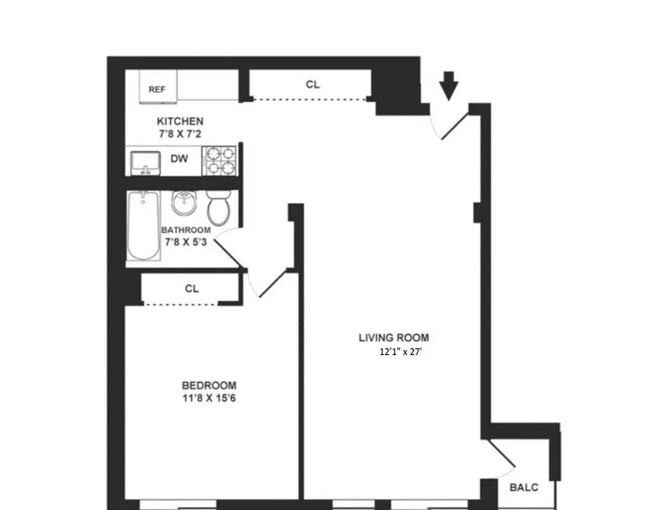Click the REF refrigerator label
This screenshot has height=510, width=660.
157,90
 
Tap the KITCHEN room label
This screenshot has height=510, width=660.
180,121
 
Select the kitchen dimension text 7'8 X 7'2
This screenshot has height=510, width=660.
180,134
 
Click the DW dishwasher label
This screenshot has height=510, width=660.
179,159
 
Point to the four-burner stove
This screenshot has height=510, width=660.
219,161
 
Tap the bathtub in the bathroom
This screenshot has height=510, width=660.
142,226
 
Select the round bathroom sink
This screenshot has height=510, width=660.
184,204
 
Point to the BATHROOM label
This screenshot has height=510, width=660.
186,229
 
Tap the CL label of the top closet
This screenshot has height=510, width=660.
312,84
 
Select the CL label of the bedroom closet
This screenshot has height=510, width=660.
192,288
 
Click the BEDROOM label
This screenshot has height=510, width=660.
209,385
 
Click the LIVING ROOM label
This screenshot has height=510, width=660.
393,338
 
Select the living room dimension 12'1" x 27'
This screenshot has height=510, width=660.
400,352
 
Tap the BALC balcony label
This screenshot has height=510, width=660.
524,488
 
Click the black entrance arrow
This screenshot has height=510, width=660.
450,85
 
